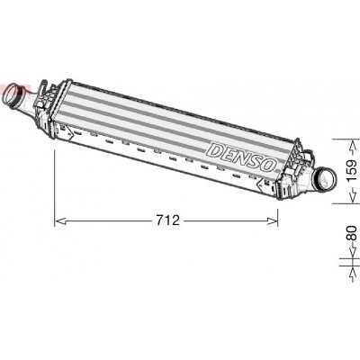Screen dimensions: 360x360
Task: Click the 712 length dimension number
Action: (167, 220)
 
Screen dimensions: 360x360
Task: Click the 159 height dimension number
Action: (352, 170)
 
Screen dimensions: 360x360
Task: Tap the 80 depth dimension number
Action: (352, 233)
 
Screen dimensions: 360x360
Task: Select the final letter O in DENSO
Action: (268, 165)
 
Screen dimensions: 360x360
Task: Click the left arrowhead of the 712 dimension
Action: (60, 221)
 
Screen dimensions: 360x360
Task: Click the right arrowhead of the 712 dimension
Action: (273, 221)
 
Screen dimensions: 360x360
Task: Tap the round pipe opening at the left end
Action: (13, 94)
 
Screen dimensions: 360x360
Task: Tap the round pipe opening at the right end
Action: (326, 181)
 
